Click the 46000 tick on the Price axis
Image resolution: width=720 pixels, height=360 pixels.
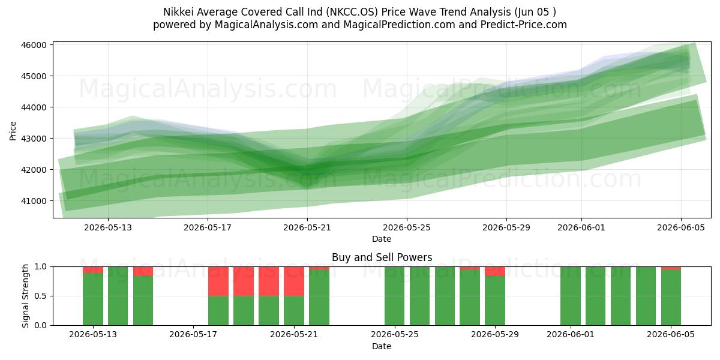[34, 45]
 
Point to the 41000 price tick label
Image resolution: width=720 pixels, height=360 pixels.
[34, 201]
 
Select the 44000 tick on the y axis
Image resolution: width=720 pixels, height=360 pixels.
[34, 107]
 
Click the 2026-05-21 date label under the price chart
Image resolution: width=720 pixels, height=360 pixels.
[307, 227]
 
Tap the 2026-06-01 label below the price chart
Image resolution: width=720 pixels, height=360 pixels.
[581, 227]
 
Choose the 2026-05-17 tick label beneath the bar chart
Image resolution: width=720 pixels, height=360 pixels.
[193, 335]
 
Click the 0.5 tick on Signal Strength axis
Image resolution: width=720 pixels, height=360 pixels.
[41, 296]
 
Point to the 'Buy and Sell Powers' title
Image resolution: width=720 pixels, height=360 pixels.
[382, 257]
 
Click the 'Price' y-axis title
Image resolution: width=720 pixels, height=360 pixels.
[13, 131]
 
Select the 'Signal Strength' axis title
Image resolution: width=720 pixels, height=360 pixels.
[25, 296]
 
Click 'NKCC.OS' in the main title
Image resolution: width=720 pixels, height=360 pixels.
[352, 12]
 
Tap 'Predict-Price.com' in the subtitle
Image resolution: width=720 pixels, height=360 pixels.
[524, 25]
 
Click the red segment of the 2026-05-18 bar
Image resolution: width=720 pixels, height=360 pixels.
[218, 281]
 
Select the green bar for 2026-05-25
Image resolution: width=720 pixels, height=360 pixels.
[394, 296]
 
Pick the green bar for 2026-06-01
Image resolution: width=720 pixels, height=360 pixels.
[571, 296]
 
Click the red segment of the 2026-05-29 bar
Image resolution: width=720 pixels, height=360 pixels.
[495, 271]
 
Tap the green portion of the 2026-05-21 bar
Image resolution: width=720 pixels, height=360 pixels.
[294, 311]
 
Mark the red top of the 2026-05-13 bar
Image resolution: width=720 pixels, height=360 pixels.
[93, 270]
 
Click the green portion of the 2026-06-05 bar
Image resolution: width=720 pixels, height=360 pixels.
[671, 298]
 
